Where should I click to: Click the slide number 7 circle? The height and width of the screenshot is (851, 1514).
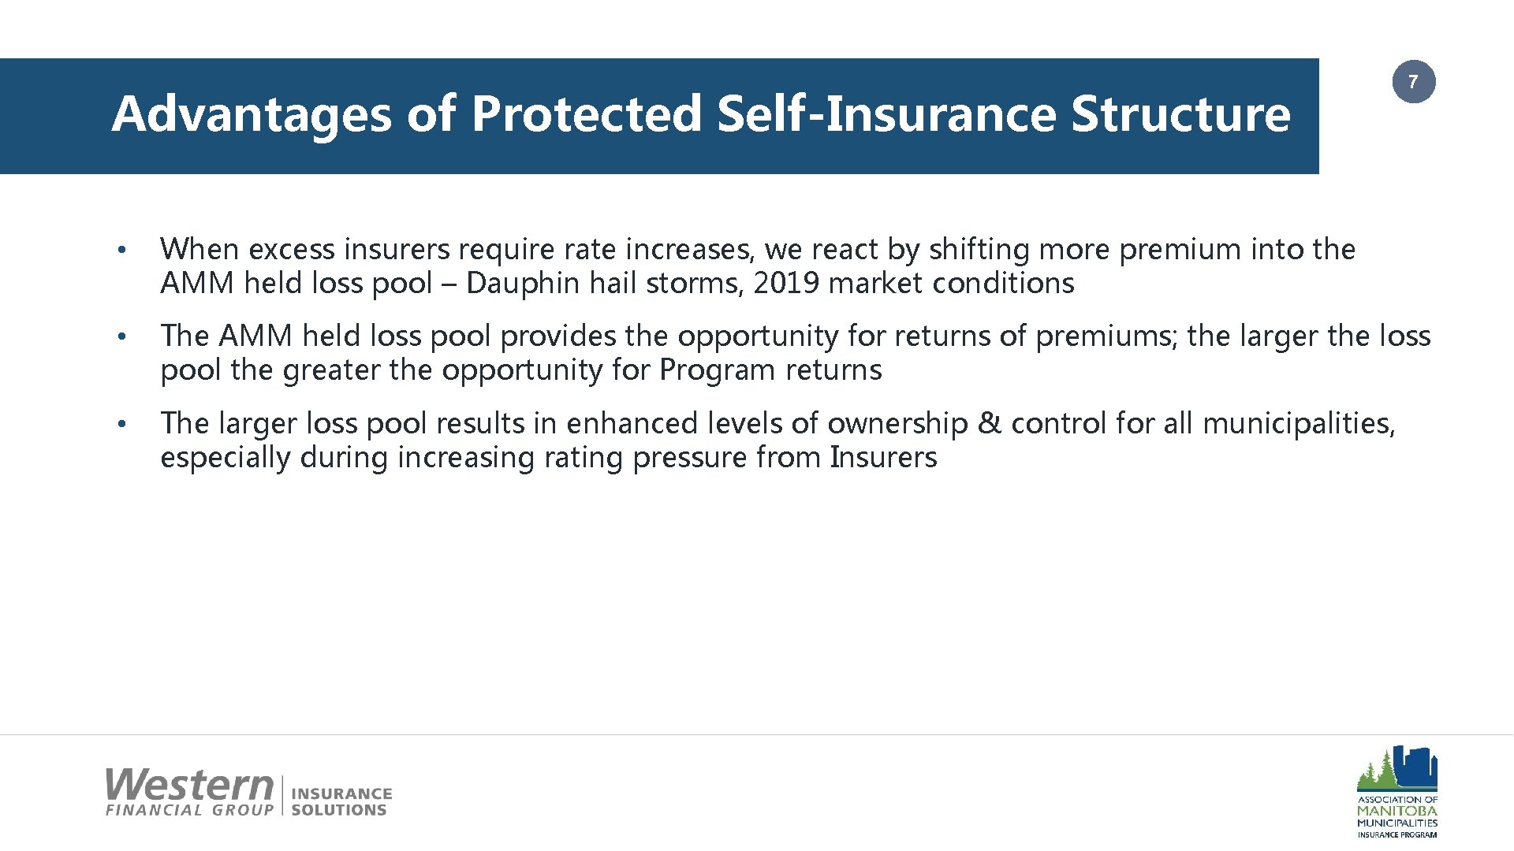(1413, 82)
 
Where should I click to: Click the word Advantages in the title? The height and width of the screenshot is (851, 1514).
(251, 113)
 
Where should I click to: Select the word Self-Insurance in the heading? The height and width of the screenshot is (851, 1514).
(886, 113)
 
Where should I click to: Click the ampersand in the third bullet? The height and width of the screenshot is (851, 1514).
(989, 423)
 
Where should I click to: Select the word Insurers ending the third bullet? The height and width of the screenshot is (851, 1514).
(883, 457)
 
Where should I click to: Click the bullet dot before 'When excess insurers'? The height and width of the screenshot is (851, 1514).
(121, 250)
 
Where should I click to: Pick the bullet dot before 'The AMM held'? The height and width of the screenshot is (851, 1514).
(121, 336)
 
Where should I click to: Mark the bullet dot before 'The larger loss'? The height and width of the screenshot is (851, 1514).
(121, 424)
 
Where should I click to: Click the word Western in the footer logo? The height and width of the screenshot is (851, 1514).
(189, 785)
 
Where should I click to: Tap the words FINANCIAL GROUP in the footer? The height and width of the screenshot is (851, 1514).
(189, 810)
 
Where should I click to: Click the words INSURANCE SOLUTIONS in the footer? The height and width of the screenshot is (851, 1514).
(341, 801)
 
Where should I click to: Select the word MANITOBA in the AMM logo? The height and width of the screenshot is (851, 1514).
(1397, 811)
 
